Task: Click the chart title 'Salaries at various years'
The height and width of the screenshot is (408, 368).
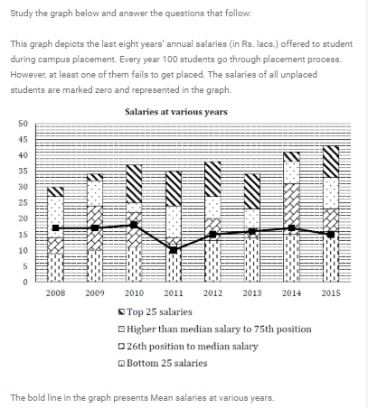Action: [176, 112]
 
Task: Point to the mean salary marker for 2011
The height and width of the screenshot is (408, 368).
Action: [174, 250]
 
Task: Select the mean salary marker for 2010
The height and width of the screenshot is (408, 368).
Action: [134, 225]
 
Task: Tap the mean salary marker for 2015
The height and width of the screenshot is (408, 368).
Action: [331, 235]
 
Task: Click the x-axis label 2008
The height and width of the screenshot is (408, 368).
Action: [55, 293]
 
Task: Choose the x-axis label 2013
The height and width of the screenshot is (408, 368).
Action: [252, 293]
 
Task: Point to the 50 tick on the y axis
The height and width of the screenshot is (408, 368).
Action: [23, 124]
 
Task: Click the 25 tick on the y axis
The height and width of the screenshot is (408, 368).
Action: [23, 203]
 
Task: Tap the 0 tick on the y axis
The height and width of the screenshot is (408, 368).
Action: [25, 283]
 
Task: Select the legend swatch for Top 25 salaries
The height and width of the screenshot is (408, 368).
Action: [121, 312]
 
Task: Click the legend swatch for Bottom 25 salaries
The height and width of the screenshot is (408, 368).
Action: [121, 364]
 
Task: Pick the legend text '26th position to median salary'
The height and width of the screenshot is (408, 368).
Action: [193, 347]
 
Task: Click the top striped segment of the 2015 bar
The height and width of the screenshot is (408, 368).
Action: [331, 162]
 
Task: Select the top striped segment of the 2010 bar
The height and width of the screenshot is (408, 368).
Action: [134, 184]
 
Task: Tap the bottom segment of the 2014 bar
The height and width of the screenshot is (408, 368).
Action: [291, 258]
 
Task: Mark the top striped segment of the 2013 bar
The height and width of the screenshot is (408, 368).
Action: [252, 191]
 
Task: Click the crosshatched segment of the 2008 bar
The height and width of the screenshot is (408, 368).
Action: [55, 246]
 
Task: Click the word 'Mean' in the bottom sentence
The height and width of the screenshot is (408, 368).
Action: [162, 398]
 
